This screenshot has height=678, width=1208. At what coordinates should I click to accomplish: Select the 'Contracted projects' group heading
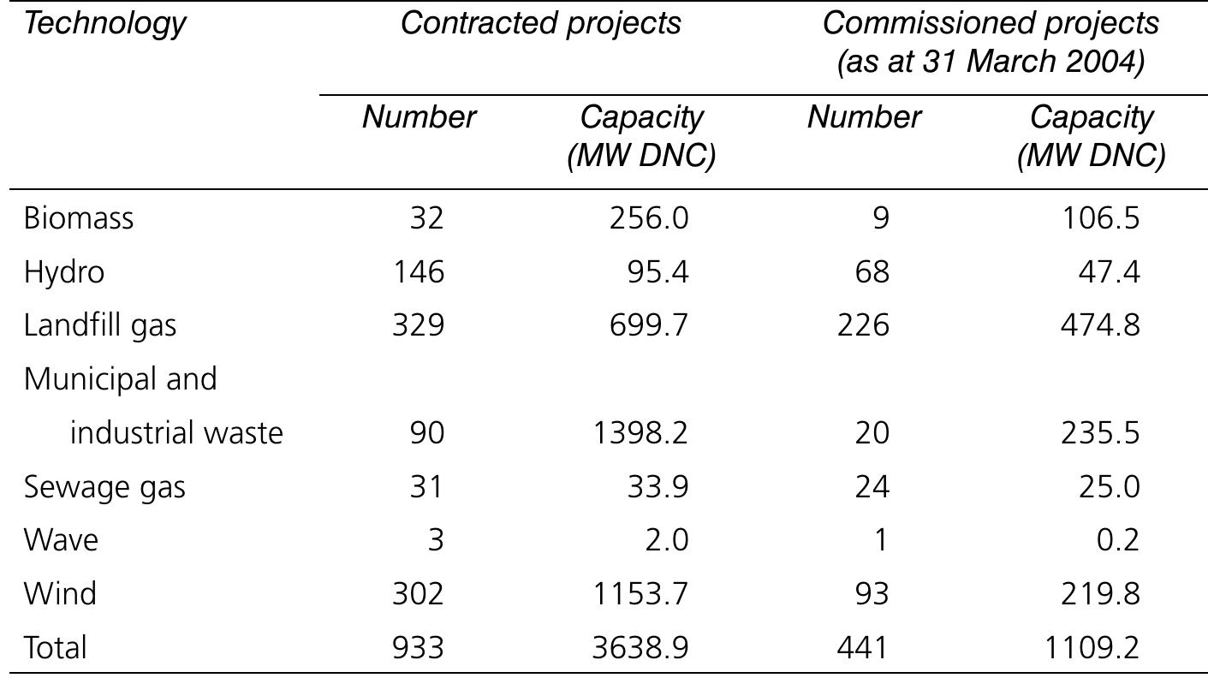click(541, 24)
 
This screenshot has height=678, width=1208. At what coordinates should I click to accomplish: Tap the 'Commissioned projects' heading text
click(991, 24)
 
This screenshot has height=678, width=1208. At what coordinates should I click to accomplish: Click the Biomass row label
click(79, 218)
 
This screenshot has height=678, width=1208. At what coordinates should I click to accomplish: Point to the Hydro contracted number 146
click(418, 272)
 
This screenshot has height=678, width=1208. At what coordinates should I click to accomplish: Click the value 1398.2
click(640, 433)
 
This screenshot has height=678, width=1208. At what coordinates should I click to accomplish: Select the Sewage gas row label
click(104, 487)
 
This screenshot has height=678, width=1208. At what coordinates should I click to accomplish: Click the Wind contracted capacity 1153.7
click(640, 594)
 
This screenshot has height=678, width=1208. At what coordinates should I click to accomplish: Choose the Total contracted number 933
click(418, 648)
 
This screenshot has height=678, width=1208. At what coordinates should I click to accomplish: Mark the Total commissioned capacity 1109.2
click(1092, 648)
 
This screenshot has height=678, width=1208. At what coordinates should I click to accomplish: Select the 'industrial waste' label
click(176, 433)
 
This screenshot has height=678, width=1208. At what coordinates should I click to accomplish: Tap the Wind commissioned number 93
click(871, 594)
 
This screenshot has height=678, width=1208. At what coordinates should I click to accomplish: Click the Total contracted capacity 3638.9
click(640, 648)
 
